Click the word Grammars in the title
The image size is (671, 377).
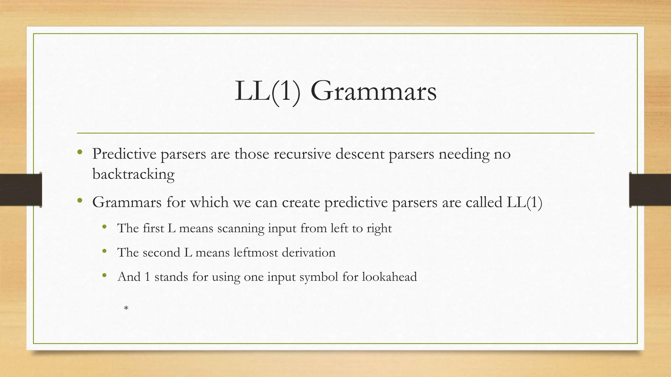click(x=374, y=91)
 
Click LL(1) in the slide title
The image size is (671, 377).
click(x=267, y=91)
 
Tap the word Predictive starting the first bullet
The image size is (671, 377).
click(x=124, y=154)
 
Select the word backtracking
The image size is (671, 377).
click(x=133, y=174)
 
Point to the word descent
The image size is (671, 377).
click(x=360, y=154)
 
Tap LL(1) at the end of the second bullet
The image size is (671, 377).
click(x=524, y=202)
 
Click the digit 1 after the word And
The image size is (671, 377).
click(x=147, y=277)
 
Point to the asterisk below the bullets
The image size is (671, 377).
click(x=126, y=309)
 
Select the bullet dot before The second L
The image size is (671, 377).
click(x=105, y=251)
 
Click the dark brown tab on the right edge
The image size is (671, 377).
click(x=650, y=190)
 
